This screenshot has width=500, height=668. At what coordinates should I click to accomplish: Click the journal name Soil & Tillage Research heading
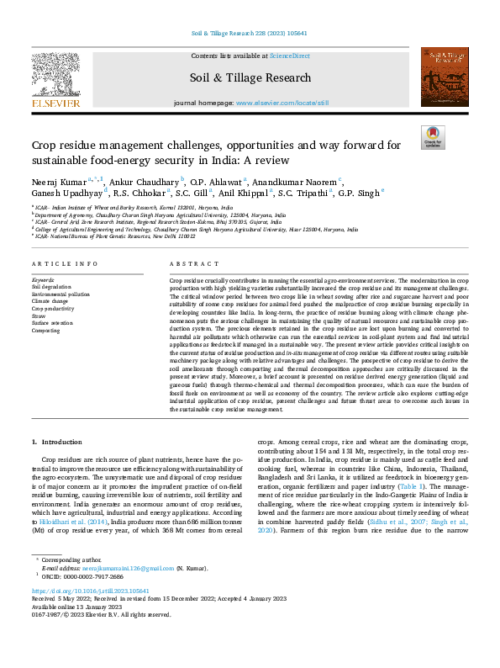click(x=250, y=77)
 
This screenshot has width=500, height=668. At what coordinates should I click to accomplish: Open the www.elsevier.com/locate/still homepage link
click(x=281, y=103)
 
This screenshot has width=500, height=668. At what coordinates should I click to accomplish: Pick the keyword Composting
click(x=46, y=331)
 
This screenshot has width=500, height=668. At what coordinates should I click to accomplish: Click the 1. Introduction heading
click(x=57, y=442)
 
